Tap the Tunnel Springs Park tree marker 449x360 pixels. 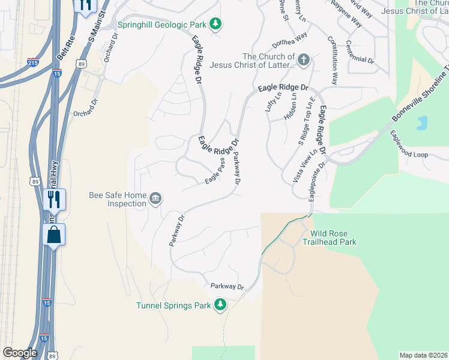pos(221,305)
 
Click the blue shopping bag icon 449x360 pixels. pos(54,235)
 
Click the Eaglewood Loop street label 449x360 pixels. pos(409,154)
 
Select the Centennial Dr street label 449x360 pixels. pos(360,53)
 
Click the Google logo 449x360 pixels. pos(20,353)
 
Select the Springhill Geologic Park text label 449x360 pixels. pos(161,25)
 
